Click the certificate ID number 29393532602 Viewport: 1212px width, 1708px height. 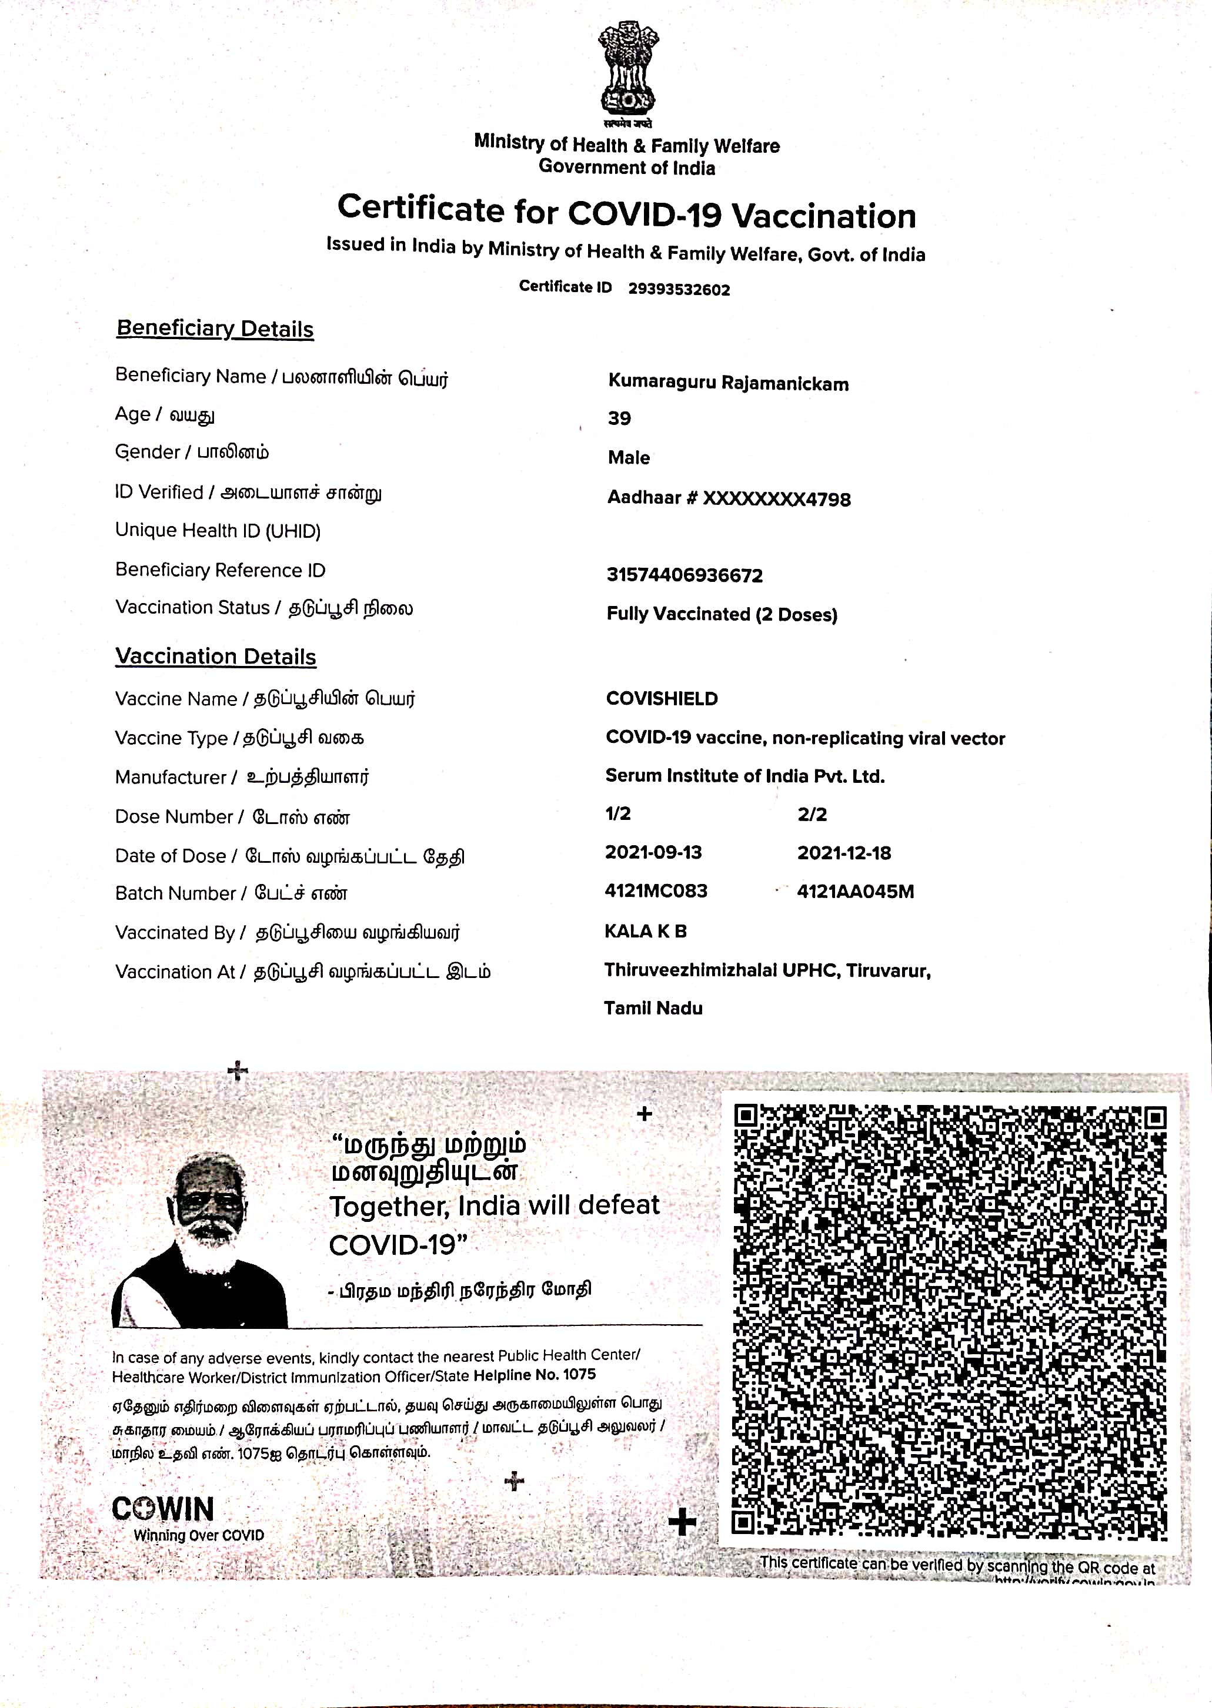click(x=679, y=289)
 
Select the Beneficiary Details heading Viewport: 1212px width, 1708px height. click(x=215, y=329)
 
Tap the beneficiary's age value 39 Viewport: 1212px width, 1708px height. click(x=619, y=418)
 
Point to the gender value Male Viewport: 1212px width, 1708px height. click(x=629, y=458)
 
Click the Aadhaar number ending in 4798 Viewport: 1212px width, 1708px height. click(x=729, y=498)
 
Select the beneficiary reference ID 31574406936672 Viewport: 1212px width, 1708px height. click(x=685, y=575)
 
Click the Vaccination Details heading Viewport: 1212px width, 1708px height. click(x=216, y=657)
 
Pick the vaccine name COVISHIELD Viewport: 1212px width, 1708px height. click(x=661, y=699)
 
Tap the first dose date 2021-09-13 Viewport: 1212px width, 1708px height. click(x=653, y=852)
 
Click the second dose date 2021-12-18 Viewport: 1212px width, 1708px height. click(x=844, y=853)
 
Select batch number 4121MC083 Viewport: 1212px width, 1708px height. click(x=656, y=891)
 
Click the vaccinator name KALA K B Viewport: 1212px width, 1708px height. click(x=646, y=932)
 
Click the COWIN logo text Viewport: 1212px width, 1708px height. click(x=163, y=1509)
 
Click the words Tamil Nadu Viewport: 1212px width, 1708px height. click(x=653, y=1009)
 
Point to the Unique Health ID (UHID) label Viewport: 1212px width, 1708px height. click(x=218, y=531)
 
